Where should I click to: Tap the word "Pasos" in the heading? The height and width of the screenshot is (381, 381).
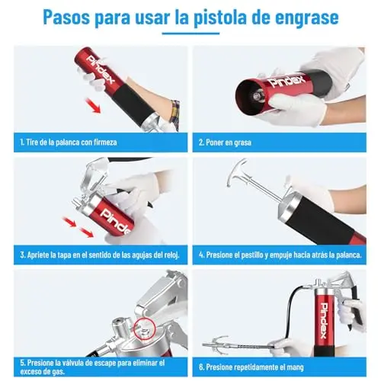pos(66,18)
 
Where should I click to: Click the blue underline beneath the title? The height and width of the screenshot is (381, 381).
pos(190,34)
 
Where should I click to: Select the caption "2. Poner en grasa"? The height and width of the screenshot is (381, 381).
pos(225,142)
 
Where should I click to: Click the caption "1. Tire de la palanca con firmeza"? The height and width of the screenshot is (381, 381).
pos(69,142)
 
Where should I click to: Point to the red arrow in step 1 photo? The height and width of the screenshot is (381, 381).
pos(93,105)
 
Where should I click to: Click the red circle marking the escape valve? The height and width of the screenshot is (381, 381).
pos(144,329)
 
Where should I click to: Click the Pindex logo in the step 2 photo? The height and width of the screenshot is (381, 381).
pos(287,80)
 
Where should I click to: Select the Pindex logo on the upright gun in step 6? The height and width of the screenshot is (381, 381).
pos(324,320)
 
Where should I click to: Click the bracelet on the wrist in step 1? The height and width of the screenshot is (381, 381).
pos(175,112)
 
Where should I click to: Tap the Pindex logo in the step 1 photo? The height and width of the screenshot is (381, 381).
pos(101,70)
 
